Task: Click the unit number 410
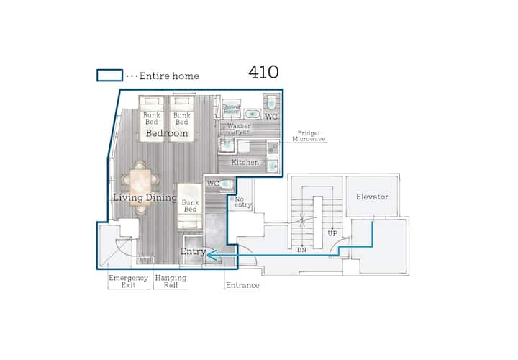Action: pyautogui.click(x=263, y=72)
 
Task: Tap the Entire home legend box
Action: pyautogui.click(x=109, y=76)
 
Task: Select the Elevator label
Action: pyautogui.click(x=372, y=197)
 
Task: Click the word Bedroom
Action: pyautogui.click(x=167, y=133)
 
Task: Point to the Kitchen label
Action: pyautogui.click(x=245, y=162)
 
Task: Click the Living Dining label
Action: pyautogui.click(x=145, y=198)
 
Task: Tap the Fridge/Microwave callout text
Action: pyautogui.click(x=309, y=136)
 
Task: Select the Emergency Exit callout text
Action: pyautogui.click(x=128, y=282)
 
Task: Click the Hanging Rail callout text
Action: pyautogui.click(x=171, y=282)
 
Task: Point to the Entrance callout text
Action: pyautogui.click(x=242, y=285)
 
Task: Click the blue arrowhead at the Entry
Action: pyautogui.click(x=212, y=255)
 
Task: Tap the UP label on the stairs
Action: pyautogui.click(x=332, y=233)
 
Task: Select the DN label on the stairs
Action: pyautogui.click(x=301, y=250)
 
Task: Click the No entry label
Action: pyautogui.click(x=242, y=202)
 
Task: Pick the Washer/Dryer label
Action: pyautogui.click(x=239, y=129)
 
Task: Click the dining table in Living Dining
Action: pyautogui.click(x=140, y=188)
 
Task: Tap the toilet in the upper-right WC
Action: pyautogui.click(x=271, y=102)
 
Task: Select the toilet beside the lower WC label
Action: pyautogui.click(x=226, y=184)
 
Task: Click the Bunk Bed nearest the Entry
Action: pyautogui.click(x=190, y=207)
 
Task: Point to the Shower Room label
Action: pyautogui.click(x=231, y=109)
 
